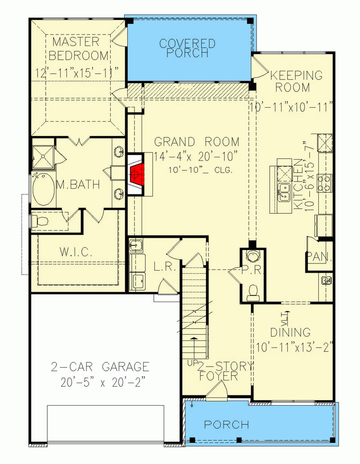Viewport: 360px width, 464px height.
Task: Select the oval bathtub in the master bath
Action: click(x=43, y=190)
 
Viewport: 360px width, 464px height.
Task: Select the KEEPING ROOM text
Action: click(x=296, y=81)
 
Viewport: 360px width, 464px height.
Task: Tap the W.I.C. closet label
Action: click(x=76, y=252)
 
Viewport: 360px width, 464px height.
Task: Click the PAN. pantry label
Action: click(x=319, y=256)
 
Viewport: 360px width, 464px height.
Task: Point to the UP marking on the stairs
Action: click(x=193, y=364)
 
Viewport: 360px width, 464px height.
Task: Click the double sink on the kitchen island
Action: click(x=284, y=192)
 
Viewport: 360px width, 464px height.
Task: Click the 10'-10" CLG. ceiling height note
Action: click(x=200, y=170)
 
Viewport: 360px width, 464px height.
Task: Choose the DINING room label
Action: click(x=291, y=333)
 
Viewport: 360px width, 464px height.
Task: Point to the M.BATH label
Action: click(x=78, y=185)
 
